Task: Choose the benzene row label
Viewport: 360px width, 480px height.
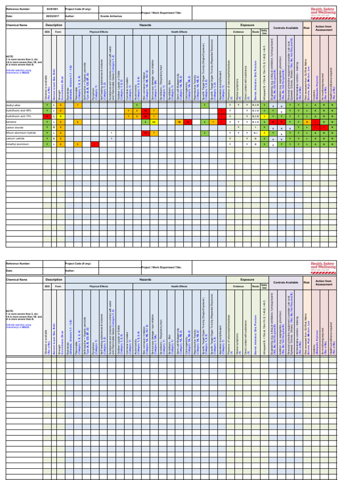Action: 11,121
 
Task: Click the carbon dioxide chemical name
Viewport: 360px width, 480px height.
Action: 14,127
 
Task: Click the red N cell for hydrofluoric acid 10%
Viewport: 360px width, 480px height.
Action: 47,116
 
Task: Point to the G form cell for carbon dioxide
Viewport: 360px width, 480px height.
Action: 54,127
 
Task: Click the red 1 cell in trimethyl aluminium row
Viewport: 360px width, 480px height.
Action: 94,144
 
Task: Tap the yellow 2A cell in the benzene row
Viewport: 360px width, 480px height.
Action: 154,121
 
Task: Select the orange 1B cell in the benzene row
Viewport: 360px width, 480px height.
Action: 179,121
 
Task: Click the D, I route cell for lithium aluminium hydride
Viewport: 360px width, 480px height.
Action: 255,133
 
